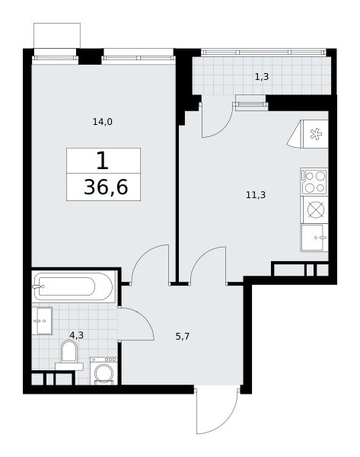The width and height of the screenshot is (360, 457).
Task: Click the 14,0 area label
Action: [x=103, y=122]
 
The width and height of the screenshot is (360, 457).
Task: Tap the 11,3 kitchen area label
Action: [x=256, y=194]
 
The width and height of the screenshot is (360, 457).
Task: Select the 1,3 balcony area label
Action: [x=262, y=77]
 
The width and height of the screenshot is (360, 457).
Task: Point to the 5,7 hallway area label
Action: [x=183, y=337]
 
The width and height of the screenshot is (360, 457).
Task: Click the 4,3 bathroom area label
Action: [x=77, y=335]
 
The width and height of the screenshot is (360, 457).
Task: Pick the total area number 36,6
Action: [x=106, y=187]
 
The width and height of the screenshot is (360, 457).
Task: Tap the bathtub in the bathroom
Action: [x=73, y=286]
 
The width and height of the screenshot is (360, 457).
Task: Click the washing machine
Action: [x=104, y=371]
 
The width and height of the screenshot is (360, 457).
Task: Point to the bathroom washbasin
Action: [x=42, y=321]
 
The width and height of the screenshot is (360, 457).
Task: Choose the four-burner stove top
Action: [x=314, y=181]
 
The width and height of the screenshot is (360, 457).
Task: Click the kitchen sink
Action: [x=314, y=238]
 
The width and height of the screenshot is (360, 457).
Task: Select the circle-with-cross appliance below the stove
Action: [x=316, y=209]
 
